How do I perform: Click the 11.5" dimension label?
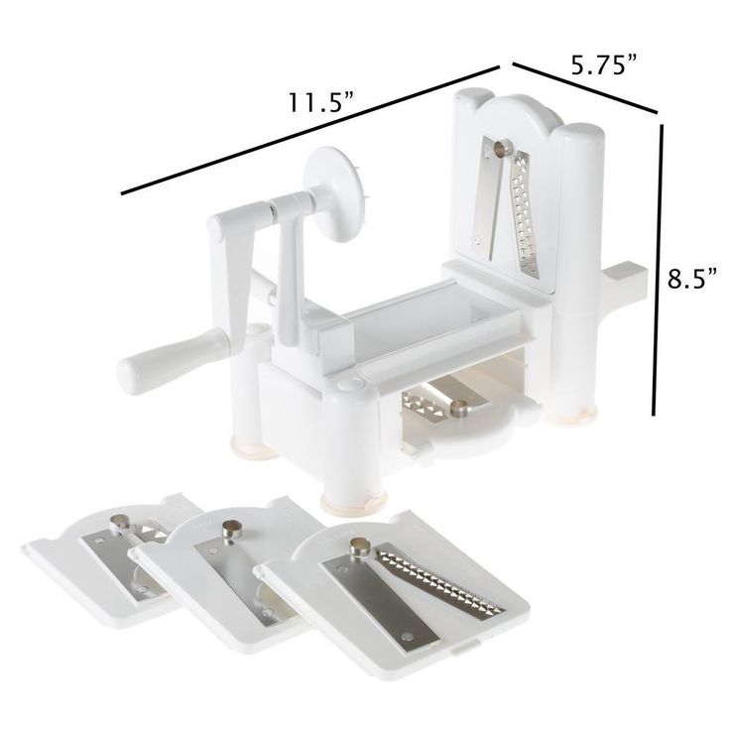tap(321, 103)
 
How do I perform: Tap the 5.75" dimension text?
tap(604, 64)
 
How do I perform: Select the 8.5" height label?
tap(692, 280)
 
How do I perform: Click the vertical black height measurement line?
tap(657, 270)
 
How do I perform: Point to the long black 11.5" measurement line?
tap(309, 129)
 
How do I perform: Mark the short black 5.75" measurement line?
tap(585, 87)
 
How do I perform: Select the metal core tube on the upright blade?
tap(502, 148)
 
